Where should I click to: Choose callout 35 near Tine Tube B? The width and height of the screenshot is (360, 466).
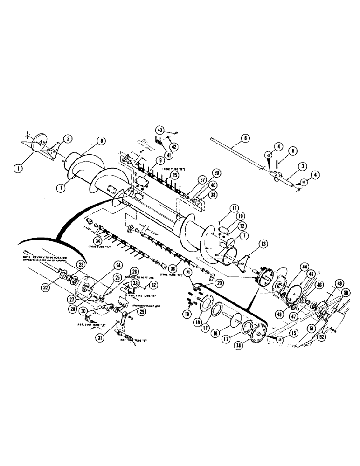pos(174,175)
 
